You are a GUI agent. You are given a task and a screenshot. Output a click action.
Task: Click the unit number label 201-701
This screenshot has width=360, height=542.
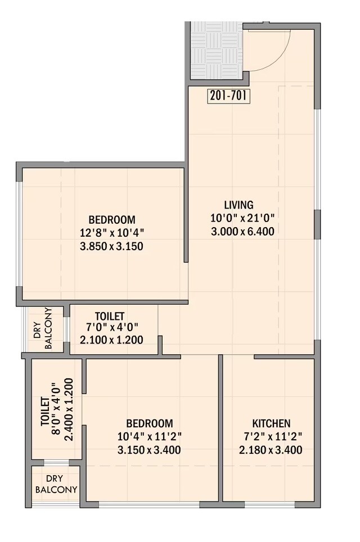click(228, 96)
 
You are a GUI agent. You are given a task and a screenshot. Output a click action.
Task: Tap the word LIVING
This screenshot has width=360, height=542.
click(238, 205)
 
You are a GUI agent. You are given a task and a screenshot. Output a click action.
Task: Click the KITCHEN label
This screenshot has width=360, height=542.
click(271, 423)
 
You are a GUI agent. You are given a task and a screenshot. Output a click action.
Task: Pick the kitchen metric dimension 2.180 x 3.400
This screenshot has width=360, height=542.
click(271, 450)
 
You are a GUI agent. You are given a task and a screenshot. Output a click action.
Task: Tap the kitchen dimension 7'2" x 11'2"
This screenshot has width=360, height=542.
click(271, 436)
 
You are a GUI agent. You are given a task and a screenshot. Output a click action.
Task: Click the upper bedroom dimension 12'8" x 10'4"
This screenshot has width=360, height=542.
click(111, 233)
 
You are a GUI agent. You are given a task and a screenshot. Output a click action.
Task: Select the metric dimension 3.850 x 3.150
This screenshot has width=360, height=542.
click(111, 246)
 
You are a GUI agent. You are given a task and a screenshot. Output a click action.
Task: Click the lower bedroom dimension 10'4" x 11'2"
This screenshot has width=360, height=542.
click(149, 436)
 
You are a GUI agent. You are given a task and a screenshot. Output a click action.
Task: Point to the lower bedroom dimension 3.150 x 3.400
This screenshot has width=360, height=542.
click(149, 450)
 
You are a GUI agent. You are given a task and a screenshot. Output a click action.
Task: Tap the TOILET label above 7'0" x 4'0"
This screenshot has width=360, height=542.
click(110, 317)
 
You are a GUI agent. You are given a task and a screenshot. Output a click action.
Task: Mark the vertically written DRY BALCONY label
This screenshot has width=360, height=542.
click(43, 329)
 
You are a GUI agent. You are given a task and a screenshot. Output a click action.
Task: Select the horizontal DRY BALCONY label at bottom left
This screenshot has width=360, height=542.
click(56, 484)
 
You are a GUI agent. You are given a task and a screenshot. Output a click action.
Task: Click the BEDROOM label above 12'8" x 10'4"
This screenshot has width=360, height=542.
click(111, 219)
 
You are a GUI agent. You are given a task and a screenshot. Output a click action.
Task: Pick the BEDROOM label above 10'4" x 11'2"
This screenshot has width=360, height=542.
click(149, 423)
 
